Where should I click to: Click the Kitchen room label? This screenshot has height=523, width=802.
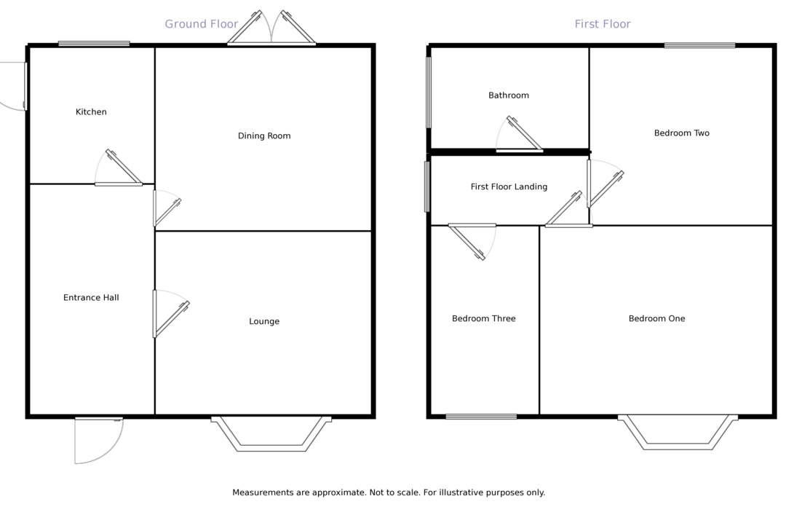tap(91, 112)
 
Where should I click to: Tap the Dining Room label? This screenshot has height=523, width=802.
tap(264, 136)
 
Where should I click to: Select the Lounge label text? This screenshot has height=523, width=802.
tap(264, 322)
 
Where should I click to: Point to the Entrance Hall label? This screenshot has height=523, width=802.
tap(91, 298)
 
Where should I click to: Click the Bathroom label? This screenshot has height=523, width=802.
tap(509, 95)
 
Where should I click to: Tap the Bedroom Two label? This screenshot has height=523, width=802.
tap(681, 133)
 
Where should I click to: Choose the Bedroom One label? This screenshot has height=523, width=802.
tap(656, 319)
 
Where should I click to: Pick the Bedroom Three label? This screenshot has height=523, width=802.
tap(483, 319)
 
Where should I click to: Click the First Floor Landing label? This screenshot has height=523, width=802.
tap(509, 187)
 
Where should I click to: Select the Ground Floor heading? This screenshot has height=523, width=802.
tap(202, 24)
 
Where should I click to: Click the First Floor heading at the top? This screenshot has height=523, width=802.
tap(603, 24)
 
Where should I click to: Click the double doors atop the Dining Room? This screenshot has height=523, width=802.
tap(271, 33)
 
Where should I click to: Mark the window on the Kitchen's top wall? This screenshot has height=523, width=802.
tap(94, 44)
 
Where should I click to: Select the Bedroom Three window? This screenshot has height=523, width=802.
tap(481, 417)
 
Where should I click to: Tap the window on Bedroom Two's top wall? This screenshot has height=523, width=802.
tap(699, 45)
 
